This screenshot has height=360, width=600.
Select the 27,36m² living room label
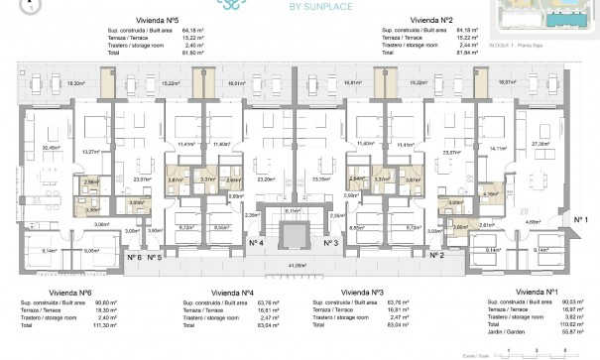tap(542, 144)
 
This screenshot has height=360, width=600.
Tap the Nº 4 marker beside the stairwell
tap(253, 242)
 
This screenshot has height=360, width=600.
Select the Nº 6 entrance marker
tap(134, 257)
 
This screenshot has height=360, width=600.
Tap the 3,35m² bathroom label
tap(91, 209)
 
